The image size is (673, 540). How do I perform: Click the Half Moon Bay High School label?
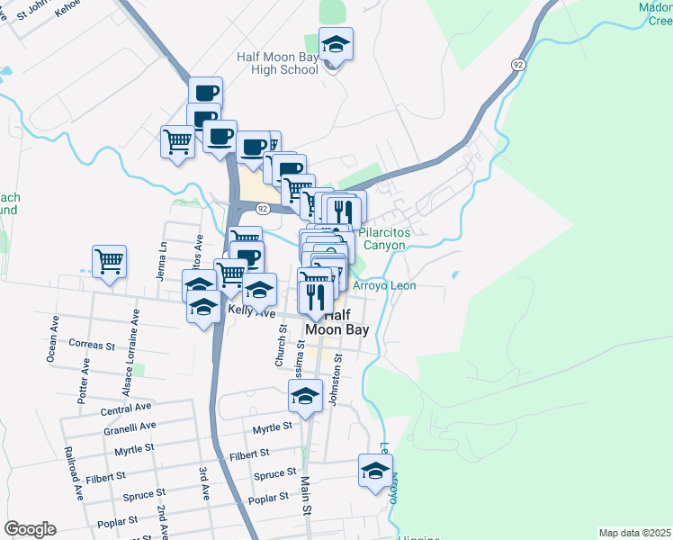pos(277,63)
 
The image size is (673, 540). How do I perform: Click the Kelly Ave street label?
pos(251,311)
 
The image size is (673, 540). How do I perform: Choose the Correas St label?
pos(93,344)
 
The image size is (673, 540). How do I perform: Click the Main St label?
pos(305,495)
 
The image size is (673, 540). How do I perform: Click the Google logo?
pos(30,529)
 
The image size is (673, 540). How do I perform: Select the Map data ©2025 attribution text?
pos(634,533)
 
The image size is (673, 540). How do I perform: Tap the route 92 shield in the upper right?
pos(517,65)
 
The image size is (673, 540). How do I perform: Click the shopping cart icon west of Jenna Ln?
pos(109,262)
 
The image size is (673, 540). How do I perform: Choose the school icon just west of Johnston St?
pos(305,395)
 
